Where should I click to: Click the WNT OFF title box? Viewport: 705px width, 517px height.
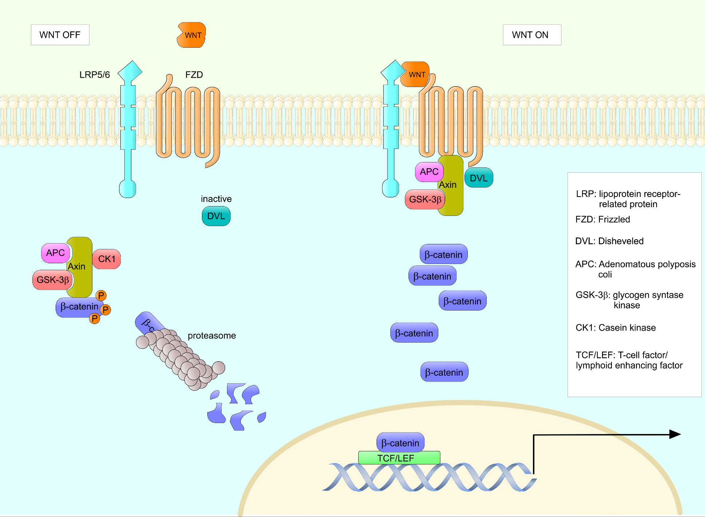[60, 35]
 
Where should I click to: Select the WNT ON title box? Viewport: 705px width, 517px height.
[531, 35]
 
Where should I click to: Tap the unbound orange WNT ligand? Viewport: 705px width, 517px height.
[192, 35]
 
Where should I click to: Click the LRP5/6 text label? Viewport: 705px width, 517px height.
[95, 75]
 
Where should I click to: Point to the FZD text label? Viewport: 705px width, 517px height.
[194, 75]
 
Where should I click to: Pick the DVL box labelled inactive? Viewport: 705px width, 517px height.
[216, 216]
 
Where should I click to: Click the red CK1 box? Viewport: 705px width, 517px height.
[107, 259]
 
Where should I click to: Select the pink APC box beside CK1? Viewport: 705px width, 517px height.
[56, 253]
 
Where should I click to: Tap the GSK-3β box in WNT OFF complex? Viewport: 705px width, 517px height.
[53, 280]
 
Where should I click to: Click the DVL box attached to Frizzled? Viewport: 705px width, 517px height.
[479, 178]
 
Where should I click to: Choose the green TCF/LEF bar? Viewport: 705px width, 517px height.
[399, 458]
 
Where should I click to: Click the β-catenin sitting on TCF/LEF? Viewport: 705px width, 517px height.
[400, 443]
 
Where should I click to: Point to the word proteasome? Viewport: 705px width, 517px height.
[212, 336]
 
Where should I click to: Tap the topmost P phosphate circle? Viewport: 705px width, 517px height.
[101, 296]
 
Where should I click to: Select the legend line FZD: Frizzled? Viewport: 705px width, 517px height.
[602, 220]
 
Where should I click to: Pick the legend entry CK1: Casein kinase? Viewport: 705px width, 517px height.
[616, 328]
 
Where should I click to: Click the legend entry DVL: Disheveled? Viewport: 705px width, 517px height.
[609, 241]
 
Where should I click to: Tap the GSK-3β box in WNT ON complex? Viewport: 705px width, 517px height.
[425, 200]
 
